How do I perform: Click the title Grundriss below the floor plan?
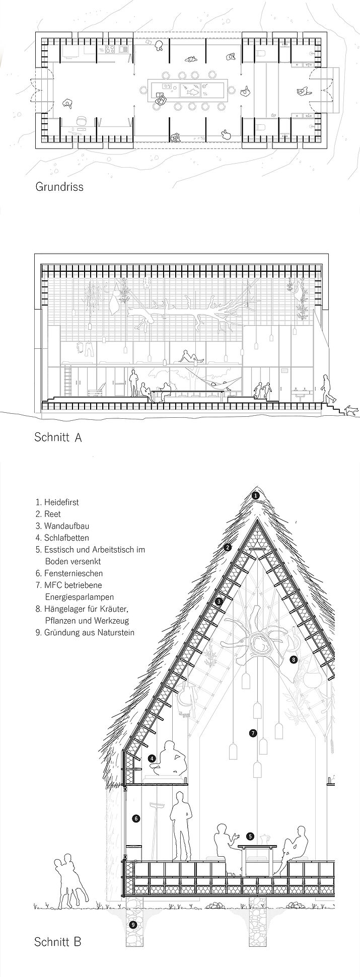click(59, 187)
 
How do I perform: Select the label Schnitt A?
click(58, 437)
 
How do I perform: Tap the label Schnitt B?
click(57, 941)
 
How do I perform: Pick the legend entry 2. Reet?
click(48, 514)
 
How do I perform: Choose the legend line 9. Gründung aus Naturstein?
click(85, 633)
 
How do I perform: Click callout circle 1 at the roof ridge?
click(256, 495)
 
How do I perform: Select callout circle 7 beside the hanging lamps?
click(253, 733)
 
